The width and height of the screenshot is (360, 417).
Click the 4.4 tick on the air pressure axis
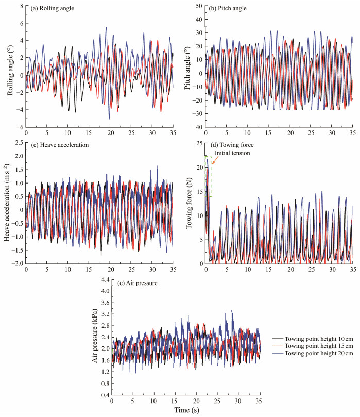(104, 279)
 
